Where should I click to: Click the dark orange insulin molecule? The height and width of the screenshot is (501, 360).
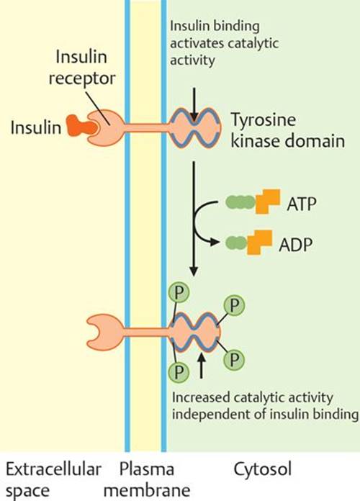[x=81, y=125]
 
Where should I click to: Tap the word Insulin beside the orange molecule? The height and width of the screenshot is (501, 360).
[x=36, y=127]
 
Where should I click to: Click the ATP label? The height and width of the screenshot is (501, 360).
[x=302, y=204]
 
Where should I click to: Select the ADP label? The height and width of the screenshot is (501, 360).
[x=295, y=245]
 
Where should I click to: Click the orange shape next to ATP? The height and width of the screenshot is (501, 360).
[x=268, y=202]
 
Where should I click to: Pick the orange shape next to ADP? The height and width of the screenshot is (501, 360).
[x=259, y=242]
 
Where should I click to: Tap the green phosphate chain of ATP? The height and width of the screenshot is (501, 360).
[x=240, y=202]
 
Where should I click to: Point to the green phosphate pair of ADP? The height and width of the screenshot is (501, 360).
[x=237, y=243]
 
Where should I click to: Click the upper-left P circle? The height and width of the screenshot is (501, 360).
[x=179, y=292]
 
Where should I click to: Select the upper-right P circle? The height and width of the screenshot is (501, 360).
[x=234, y=305]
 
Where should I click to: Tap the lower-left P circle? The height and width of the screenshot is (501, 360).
[x=179, y=371]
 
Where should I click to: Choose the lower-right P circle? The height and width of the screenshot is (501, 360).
[x=234, y=360]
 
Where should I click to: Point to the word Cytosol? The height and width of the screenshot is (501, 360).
[x=263, y=469]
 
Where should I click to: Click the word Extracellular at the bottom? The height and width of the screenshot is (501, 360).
[x=53, y=469]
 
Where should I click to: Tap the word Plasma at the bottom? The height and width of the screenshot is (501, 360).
[x=147, y=469]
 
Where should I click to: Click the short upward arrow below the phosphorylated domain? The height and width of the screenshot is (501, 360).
[x=201, y=366]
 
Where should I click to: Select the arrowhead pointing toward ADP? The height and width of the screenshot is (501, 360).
[x=215, y=243]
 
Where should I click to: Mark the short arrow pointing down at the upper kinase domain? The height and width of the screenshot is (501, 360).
[x=194, y=104]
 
